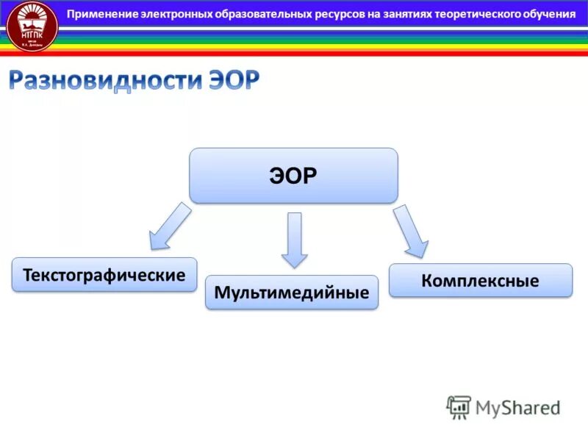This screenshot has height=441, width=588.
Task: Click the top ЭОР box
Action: click(293, 176)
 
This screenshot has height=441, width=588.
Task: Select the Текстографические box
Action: click(104, 275)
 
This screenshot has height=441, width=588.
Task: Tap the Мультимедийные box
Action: click(292, 293)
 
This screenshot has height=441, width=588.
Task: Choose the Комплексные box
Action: click(480, 280)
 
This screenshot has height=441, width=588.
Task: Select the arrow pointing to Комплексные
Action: click(410, 231)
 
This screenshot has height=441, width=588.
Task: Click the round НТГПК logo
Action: click(32, 26)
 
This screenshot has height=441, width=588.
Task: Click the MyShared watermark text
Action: click(517, 406)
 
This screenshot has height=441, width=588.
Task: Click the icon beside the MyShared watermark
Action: click(459, 407)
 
